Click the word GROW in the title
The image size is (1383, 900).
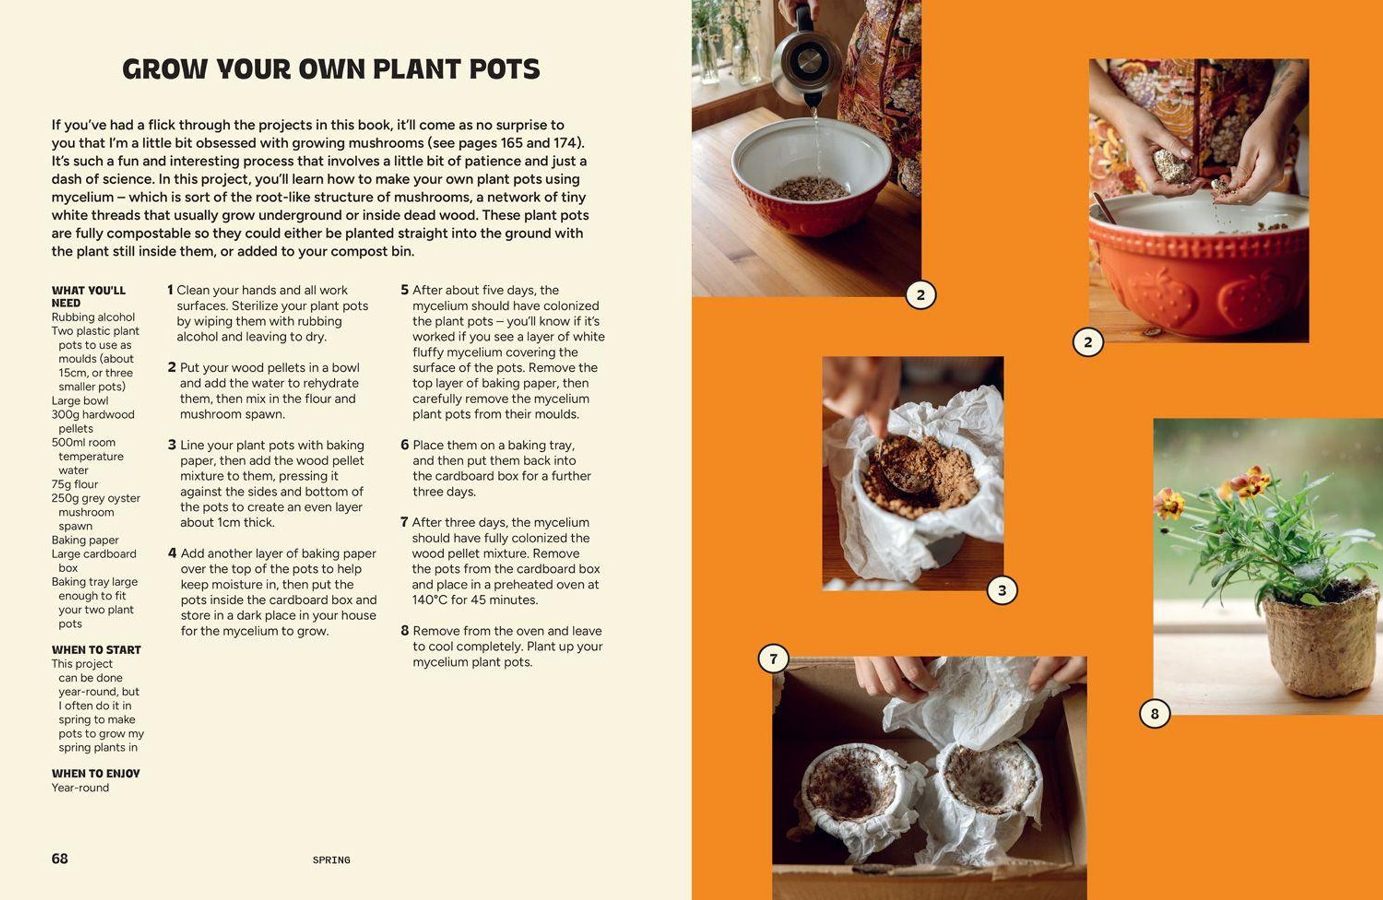point(164,69)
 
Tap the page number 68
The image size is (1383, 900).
point(59,858)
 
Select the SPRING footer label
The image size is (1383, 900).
point(331,860)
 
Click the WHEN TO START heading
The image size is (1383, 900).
point(96,649)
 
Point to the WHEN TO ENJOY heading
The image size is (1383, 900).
point(96,773)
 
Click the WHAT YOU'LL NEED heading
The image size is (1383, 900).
point(88,296)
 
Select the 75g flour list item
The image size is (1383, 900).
point(74,484)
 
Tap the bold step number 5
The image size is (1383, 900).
point(405,290)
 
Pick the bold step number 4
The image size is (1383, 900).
point(172,553)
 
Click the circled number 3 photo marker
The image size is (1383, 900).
point(1002,591)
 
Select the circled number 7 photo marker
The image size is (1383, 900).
point(773,659)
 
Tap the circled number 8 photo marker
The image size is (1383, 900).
point(1154,713)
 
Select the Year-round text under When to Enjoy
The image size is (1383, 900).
point(80,787)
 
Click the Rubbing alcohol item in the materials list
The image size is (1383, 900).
point(93,317)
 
